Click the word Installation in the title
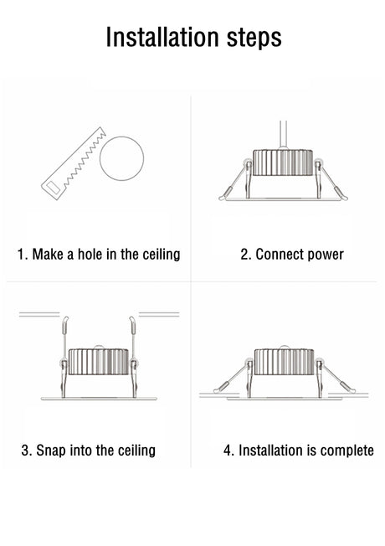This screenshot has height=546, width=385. click(x=162, y=37)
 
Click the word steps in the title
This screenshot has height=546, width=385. click(x=254, y=38)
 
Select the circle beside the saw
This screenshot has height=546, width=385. click(x=122, y=158)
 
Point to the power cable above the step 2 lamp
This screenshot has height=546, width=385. click(x=283, y=135)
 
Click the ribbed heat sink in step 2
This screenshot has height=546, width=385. click(x=283, y=162)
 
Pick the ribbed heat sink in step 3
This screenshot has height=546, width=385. click(x=99, y=362)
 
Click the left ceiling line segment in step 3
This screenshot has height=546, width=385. click(x=39, y=314)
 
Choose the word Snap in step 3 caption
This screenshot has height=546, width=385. click(x=51, y=451)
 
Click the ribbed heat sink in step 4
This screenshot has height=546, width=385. click(x=285, y=362)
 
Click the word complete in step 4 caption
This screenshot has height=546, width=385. click(x=347, y=451)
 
